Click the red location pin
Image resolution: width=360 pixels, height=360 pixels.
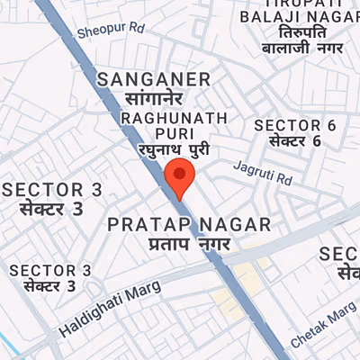[x=180, y=177]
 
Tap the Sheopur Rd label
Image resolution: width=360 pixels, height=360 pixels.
[x=111, y=30]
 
